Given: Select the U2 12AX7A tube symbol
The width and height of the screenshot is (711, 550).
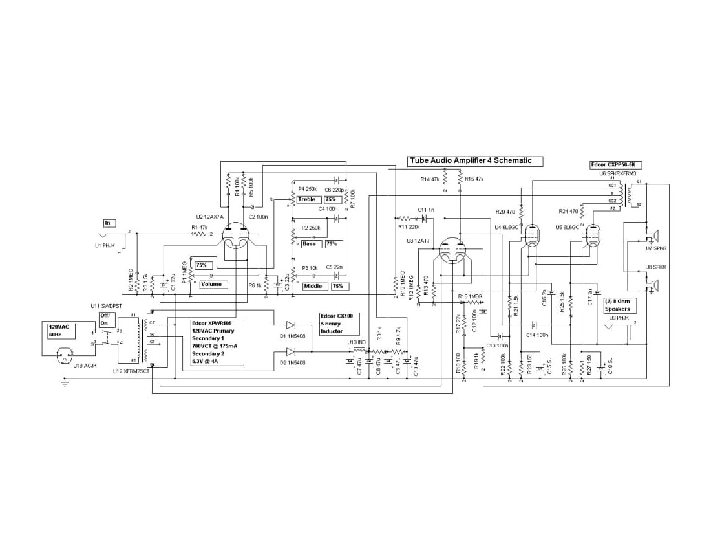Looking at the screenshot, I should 236,236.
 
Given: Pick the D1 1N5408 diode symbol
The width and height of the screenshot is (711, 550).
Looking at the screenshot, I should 290,325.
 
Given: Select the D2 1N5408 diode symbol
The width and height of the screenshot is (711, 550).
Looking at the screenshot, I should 290,351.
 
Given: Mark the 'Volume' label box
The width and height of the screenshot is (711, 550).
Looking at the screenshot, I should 213,284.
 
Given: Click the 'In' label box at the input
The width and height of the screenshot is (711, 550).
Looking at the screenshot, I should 108,223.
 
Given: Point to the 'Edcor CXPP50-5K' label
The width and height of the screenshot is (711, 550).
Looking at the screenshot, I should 617,165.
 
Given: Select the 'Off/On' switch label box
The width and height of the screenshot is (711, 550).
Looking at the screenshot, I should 104,319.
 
